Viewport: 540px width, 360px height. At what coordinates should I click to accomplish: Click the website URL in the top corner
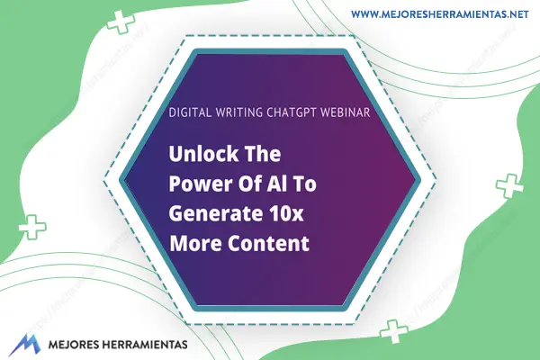pos(440,14)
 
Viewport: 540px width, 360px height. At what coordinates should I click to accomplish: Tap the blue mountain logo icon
pos(24,345)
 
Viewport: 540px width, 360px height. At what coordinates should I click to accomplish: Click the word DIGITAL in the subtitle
pos(190,112)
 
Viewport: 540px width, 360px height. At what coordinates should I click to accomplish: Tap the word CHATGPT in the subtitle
pos(292,112)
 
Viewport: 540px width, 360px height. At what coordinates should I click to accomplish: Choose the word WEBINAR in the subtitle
pos(346,112)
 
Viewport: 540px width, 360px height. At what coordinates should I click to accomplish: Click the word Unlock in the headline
pos(203,154)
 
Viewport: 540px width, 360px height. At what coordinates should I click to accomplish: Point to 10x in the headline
pos(285,213)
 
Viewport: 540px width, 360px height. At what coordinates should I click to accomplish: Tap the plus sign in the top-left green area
pos(121,22)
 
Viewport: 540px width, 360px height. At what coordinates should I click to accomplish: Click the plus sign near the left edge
pos(32,227)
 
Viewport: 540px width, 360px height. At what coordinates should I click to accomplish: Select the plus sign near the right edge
pos(509,186)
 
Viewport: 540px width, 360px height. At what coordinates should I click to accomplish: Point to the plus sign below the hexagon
pos(393,332)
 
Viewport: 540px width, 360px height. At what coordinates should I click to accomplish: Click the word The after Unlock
pos(263,154)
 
